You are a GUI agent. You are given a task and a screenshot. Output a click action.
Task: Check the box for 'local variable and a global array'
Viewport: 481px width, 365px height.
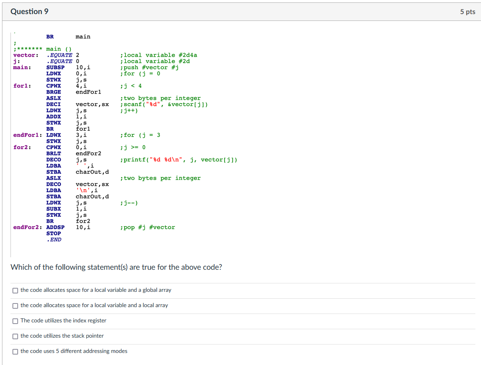click(15, 290)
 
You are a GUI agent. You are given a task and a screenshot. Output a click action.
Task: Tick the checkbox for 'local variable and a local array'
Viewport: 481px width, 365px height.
click(15, 306)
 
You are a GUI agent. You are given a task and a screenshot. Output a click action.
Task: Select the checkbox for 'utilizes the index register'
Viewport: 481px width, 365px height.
click(15, 321)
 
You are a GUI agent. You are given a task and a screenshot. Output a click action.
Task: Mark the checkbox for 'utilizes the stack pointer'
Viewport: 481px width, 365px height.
click(15, 336)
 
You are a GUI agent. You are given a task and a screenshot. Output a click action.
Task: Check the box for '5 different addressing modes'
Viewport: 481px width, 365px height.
click(15, 351)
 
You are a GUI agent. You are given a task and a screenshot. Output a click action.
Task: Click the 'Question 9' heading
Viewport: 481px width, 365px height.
click(29, 12)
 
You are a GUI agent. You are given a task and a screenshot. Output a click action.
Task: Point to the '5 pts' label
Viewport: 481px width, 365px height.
click(467, 12)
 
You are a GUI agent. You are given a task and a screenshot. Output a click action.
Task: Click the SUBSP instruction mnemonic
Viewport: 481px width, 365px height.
click(55, 68)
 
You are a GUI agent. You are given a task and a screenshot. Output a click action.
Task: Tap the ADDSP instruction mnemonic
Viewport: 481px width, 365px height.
click(55, 228)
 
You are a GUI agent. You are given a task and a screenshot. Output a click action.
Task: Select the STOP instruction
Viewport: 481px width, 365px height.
click(54, 234)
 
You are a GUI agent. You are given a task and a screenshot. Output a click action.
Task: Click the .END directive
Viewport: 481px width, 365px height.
click(54, 240)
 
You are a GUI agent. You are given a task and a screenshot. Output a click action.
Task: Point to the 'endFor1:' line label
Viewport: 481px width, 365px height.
click(28, 135)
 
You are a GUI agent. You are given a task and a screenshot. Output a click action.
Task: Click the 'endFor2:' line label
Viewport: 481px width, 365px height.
click(28, 228)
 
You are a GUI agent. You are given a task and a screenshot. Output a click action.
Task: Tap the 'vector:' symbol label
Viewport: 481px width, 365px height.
click(26, 55)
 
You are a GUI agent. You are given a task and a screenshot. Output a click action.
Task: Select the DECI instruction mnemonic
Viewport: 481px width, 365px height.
click(54, 105)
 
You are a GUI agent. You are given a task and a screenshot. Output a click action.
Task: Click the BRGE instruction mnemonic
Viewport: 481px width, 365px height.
click(54, 92)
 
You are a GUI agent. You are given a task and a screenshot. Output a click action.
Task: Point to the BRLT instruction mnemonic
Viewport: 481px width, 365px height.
click(54, 154)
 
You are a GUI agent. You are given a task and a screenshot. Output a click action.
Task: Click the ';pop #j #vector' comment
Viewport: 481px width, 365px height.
click(147, 228)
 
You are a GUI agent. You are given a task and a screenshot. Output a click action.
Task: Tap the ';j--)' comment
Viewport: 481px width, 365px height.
click(129, 203)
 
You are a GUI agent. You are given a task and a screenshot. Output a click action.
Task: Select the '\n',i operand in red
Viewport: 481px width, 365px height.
click(87, 191)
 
